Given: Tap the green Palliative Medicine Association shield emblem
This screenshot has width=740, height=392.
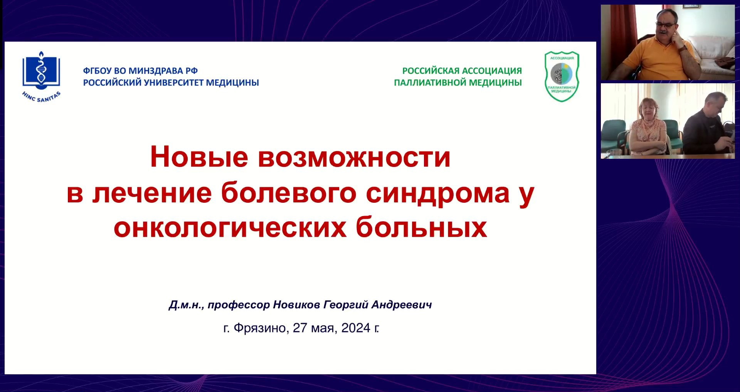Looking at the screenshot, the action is (562, 76).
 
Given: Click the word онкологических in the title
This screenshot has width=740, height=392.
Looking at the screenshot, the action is (230, 227).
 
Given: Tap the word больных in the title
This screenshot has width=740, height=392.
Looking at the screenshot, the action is (421, 227).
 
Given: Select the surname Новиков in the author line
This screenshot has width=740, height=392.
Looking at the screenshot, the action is (296, 305).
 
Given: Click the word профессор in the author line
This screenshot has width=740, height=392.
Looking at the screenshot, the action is (239, 305).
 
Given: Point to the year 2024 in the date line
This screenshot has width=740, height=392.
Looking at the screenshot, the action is (356, 328).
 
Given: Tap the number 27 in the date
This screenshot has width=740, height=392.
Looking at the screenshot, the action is (300, 328).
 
